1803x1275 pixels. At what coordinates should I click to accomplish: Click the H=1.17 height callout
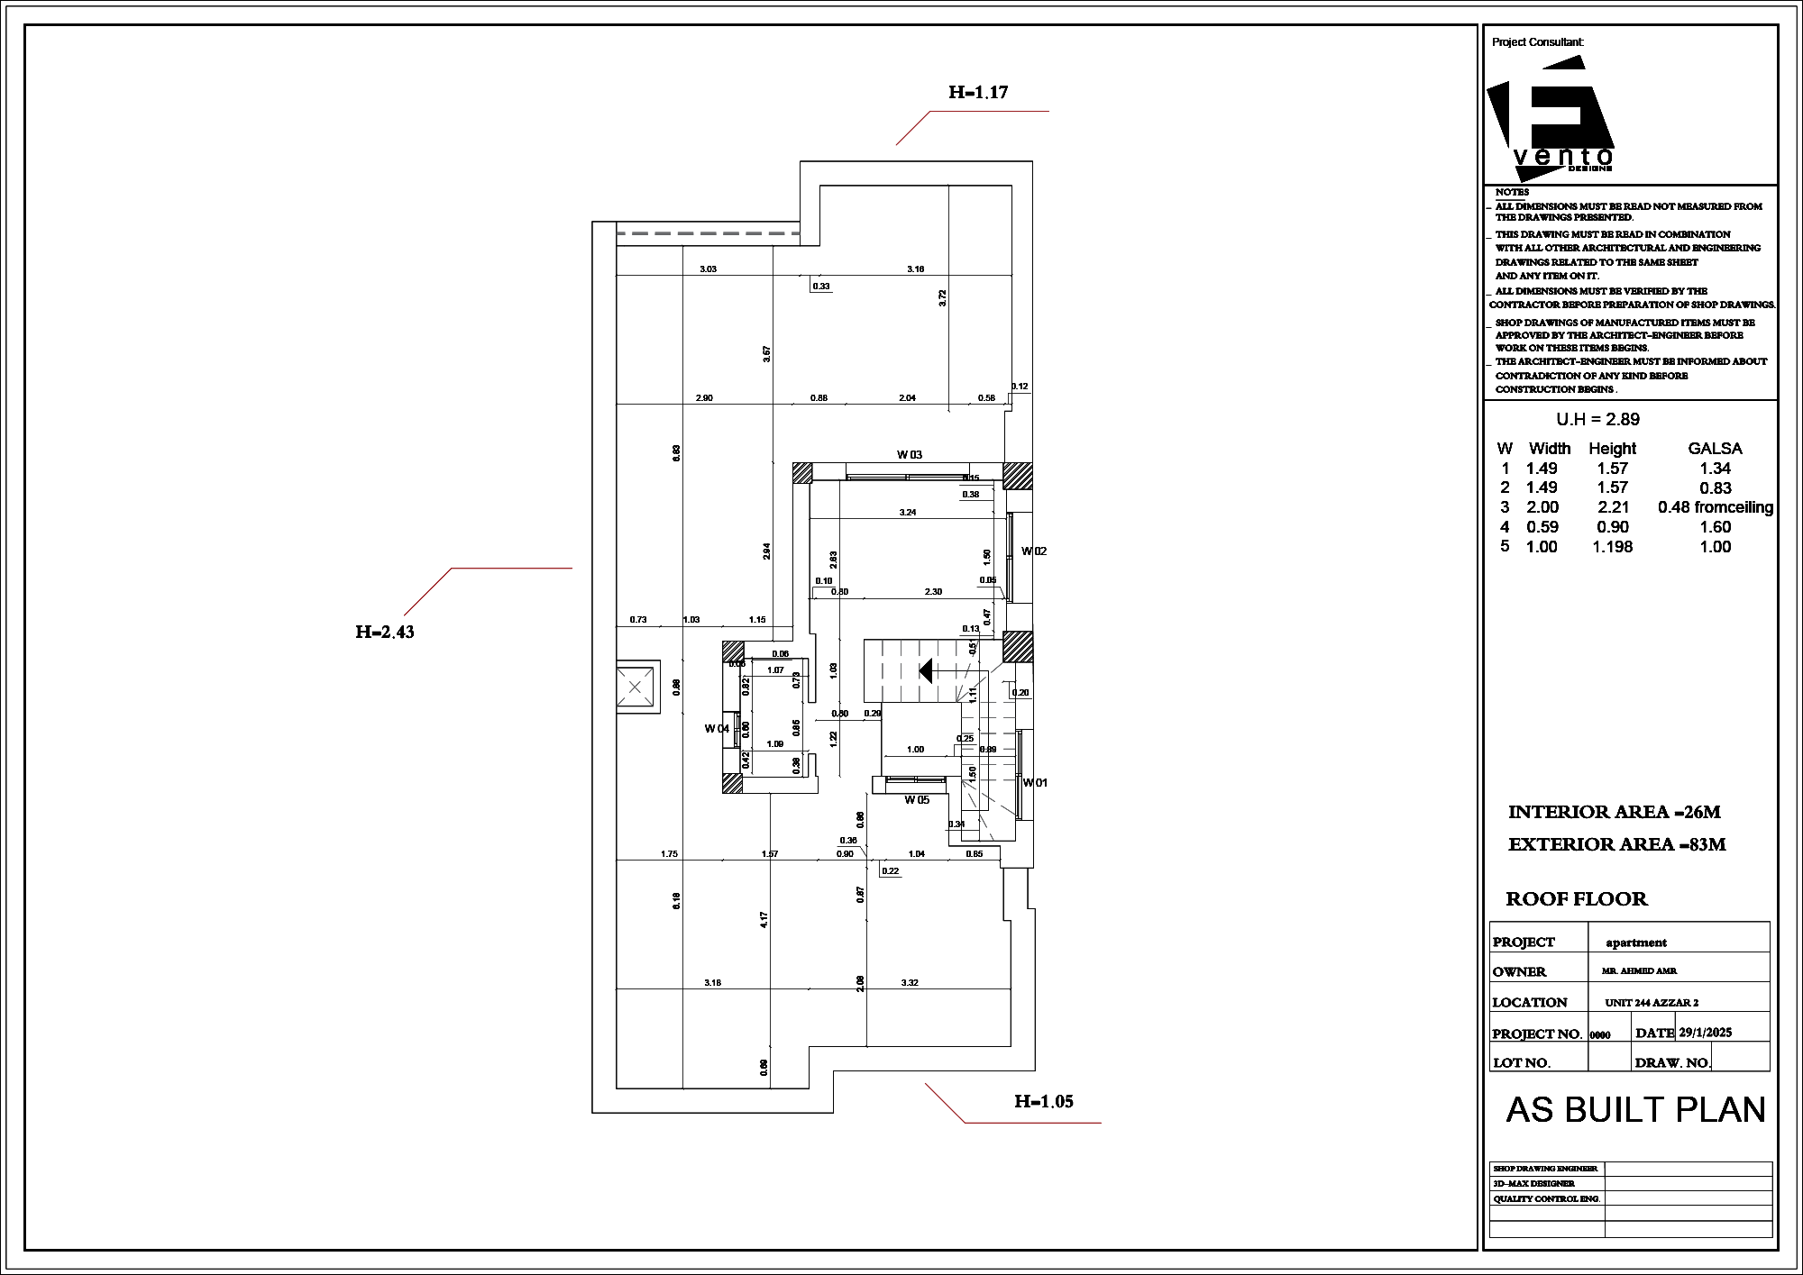977,92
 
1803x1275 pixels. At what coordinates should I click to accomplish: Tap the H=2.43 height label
385,632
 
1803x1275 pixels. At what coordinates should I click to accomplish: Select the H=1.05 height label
1043,1101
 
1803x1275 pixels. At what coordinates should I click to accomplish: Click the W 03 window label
909,455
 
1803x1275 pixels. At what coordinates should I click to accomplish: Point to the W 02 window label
1034,551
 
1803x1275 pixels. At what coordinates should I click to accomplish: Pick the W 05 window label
917,799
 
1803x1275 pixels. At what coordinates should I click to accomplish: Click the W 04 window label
717,728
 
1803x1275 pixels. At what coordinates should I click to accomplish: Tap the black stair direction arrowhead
925,670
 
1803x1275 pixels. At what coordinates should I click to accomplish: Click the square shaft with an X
635,688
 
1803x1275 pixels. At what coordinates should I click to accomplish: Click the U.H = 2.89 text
1597,419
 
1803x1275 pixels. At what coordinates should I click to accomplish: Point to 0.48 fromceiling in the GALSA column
1715,507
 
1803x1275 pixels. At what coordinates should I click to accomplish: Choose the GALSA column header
1715,448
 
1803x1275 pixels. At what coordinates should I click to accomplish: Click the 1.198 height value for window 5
1612,547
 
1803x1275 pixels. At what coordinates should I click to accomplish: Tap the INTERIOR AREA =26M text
1614,812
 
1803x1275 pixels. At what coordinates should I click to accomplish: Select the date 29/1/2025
1705,1033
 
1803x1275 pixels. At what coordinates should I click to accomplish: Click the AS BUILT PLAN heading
1635,1110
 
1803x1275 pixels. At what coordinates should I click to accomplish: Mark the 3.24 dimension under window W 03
908,512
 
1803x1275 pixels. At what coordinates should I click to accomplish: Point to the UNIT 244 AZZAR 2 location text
1652,1003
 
